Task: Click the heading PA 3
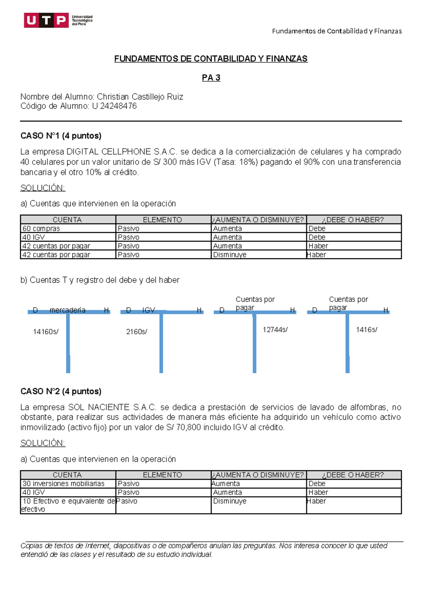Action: [x=211, y=78]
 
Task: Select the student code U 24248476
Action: [x=114, y=106]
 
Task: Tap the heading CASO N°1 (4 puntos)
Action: [x=61, y=136]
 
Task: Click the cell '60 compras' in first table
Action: [x=41, y=229]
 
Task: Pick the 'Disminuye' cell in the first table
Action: [x=230, y=255]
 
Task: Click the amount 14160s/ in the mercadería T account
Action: [x=46, y=332]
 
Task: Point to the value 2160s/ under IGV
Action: [x=136, y=332]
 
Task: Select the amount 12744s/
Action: [x=275, y=330]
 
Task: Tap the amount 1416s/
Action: [x=366, y=330]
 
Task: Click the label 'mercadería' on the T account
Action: [x=67, y=310]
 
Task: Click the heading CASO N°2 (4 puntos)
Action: [x=61, y=391]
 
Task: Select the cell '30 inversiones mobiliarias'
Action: [x=64, y=484]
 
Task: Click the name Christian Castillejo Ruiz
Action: [x=140, y=97]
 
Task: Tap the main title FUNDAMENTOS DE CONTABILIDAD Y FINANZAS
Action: [x=211, y=59]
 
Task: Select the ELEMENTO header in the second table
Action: [x=162, y=475]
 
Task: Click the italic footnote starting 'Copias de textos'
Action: [x=204, y=550]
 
